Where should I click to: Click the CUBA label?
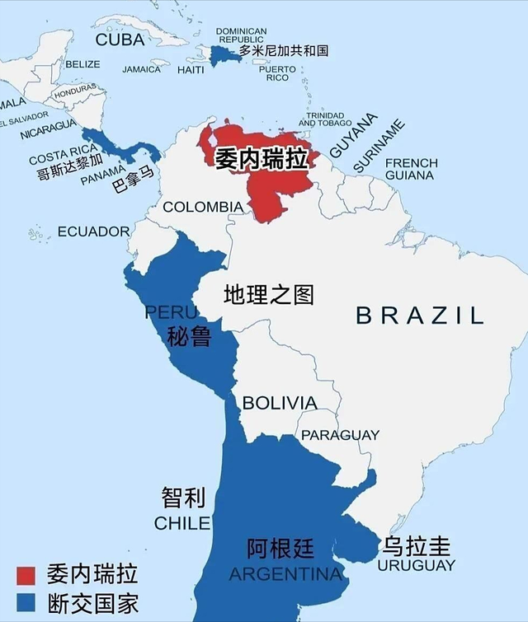(x=120, y=40)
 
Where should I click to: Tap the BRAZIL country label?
(x=419, y=314)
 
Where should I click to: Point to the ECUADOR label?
(x=93, y=231)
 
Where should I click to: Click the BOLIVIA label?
(x=279, y=403)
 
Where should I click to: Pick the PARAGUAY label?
(x=340, y=434)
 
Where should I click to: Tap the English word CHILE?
(x=182, y=523)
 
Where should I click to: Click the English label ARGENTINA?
(x=285, y=573)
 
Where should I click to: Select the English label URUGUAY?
(x=416, y=565)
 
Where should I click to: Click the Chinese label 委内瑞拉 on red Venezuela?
(x=262, y=159)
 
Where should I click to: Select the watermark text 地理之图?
(x=269, y=294)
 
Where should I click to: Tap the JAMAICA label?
(x=142, y=69)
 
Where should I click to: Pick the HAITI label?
(x=191, y=70)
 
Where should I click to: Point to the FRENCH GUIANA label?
(x=411, y=169)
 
